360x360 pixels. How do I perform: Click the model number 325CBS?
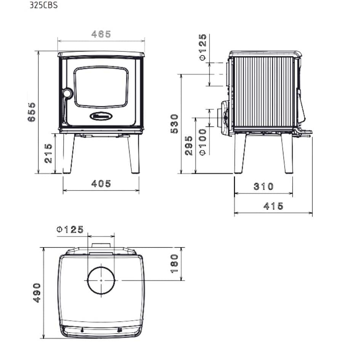point(43,6)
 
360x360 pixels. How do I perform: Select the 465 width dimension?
point(101,34)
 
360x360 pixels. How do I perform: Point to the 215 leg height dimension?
point(48,154)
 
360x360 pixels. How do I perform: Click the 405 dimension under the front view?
point(101,184)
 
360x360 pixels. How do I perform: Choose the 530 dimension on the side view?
point(174,123)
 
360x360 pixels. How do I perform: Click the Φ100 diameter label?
point(203,142)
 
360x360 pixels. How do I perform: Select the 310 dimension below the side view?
point(264,186)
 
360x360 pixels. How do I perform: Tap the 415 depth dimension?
point(274,206)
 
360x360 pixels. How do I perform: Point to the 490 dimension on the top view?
point(37,293)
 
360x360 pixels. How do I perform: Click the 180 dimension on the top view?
point(174,264)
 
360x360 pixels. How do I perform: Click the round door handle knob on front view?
point(67,93)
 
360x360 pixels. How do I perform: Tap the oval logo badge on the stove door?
point(101,115)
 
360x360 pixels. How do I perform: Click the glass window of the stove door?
point(101,87)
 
